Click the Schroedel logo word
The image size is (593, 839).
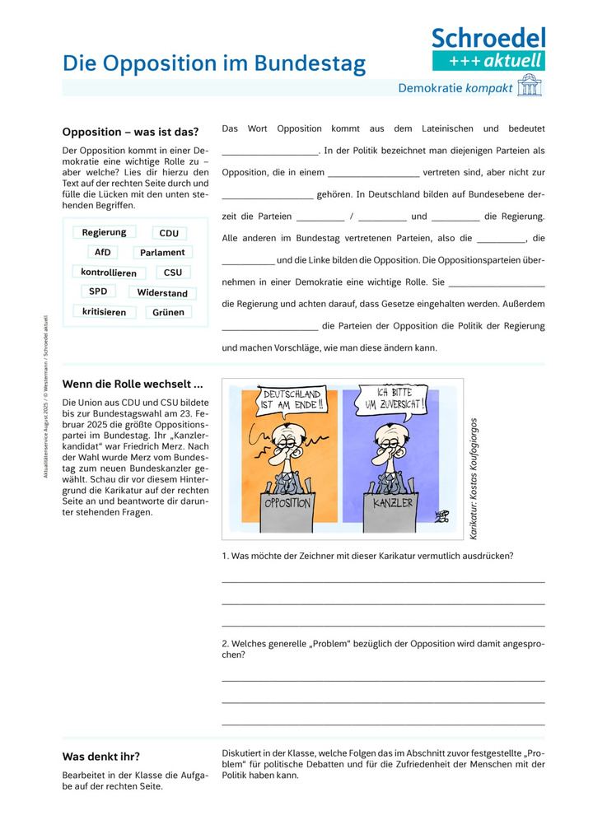(x=488, y=37)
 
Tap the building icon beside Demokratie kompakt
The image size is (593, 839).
(x=529, y=87)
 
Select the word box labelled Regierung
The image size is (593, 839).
(x=104, y=233)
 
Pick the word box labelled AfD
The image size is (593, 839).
(x=102, y=253)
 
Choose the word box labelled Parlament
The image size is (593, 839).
(x=162, y=253)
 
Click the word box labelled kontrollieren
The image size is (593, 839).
(x=109, y=273)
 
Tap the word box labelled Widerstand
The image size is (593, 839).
(x=162, y=293)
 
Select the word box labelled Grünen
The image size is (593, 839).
(x=168, y=313)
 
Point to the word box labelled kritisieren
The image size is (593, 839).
(x=105, y=312)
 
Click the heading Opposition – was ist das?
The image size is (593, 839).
(x=130, y=132)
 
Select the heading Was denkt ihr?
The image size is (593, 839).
(x=101, y=756)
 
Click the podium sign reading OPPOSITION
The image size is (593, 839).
(x=287, y=502)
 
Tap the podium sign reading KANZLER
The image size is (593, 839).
(x=391, y=502)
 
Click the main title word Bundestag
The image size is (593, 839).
(x=316, y=63)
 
